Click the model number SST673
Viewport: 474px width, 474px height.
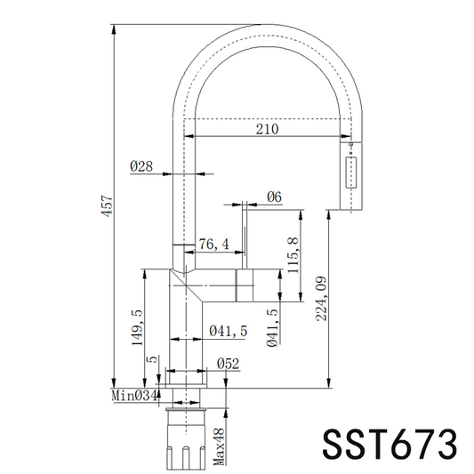390,445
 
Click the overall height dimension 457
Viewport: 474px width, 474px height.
107,205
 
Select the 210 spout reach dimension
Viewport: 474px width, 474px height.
267,129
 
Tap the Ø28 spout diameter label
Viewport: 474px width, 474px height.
141,166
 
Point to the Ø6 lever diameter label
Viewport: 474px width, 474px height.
274,197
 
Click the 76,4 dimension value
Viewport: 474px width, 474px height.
214,245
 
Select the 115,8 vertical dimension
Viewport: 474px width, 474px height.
293,255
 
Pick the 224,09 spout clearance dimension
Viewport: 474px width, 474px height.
321,299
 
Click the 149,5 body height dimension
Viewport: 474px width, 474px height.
137,327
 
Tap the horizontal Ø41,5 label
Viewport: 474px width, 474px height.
229,331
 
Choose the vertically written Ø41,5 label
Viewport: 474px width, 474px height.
272,327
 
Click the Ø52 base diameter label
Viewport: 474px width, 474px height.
228,364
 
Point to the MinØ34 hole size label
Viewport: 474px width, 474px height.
134,396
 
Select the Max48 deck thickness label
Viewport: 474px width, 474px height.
219,447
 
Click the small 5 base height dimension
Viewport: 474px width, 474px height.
152,359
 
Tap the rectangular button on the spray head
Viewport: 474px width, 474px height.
350,173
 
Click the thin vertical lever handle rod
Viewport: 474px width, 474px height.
245,235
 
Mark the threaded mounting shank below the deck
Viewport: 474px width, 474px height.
186,439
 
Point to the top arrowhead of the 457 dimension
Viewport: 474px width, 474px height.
114,29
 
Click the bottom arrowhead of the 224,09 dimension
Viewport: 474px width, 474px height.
328,382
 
